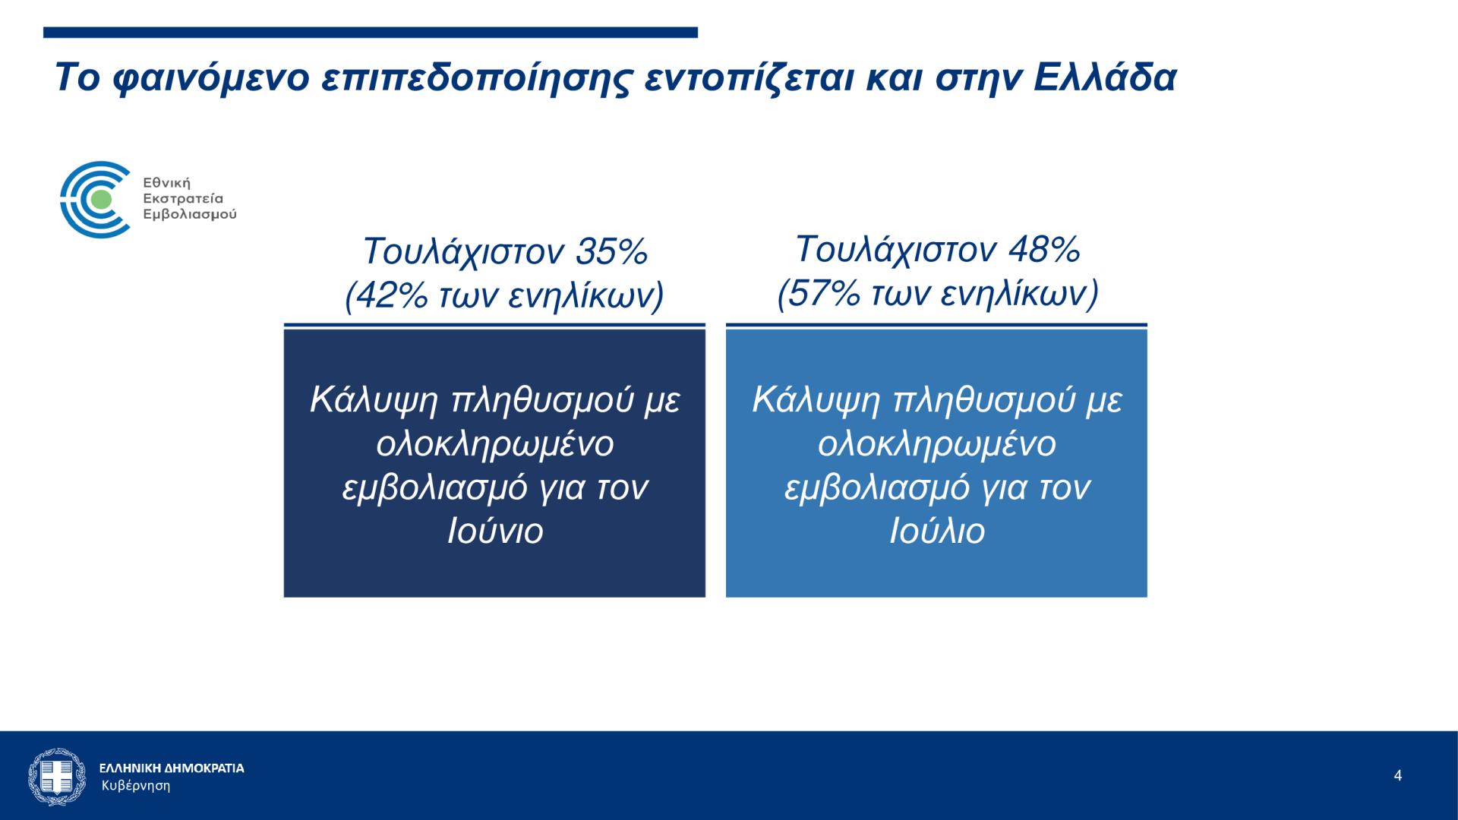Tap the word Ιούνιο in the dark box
(495, 531)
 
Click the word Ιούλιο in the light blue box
(937, 531)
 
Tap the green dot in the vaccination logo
(99, 200)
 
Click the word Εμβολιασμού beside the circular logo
(190, 215)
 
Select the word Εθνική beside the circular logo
(167, 183)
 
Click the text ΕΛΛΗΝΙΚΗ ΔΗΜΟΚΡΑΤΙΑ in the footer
(172, 768)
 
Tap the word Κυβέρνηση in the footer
(136, 786)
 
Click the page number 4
(1398, 776)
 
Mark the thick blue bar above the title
(371, 33)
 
